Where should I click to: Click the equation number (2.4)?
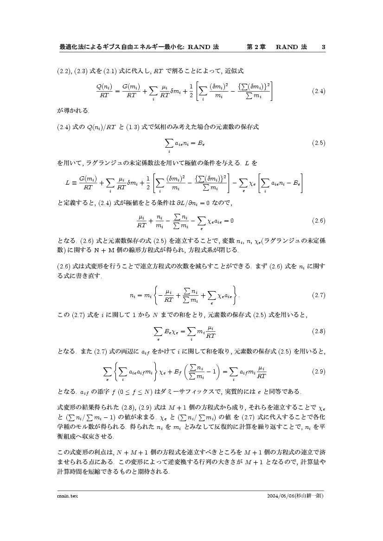pos(319,91)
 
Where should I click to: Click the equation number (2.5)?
pos(319,143)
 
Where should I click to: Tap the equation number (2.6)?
pos(319,221)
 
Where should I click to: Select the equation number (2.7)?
pos(319,295)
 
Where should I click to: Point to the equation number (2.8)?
pos(319,331)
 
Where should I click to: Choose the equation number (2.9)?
pos(319,371)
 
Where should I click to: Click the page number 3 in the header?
pos(323,47)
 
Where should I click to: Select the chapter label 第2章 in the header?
pos(255,47)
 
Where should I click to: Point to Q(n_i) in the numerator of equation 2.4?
pos(104,86)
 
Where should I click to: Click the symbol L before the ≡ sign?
pos(68,182)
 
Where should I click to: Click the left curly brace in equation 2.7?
pos(160,295)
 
